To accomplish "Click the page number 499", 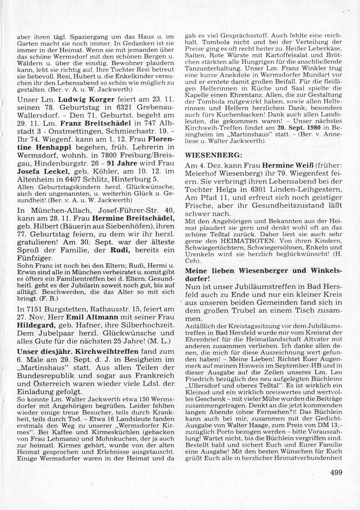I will click(336, 472).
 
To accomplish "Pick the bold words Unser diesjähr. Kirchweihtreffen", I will click(77, 351).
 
